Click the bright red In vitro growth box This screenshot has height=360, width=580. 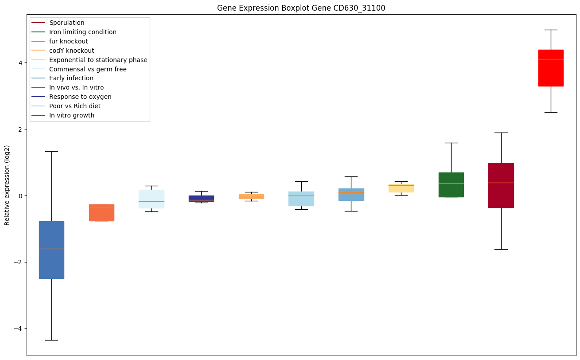551,68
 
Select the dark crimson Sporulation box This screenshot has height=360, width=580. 501,185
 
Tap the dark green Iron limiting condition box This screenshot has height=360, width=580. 451,184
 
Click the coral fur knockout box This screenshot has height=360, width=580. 101,212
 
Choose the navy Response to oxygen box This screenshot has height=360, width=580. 201,199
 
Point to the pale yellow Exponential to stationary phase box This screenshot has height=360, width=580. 401,188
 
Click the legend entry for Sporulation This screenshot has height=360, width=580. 67,23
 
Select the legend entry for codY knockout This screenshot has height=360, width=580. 72,51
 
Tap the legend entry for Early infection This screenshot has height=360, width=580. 71,78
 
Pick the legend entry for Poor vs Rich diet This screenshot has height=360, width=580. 75,106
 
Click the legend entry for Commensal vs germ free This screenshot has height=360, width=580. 88,69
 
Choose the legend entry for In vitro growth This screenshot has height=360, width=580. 72,115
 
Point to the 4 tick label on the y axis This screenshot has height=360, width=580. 20,63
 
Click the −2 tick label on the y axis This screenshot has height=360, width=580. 18,262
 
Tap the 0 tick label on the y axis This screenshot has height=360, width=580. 20,196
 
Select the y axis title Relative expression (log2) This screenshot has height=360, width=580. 7,185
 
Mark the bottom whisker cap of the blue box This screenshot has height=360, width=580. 51,340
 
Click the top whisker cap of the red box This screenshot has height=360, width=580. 551,30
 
